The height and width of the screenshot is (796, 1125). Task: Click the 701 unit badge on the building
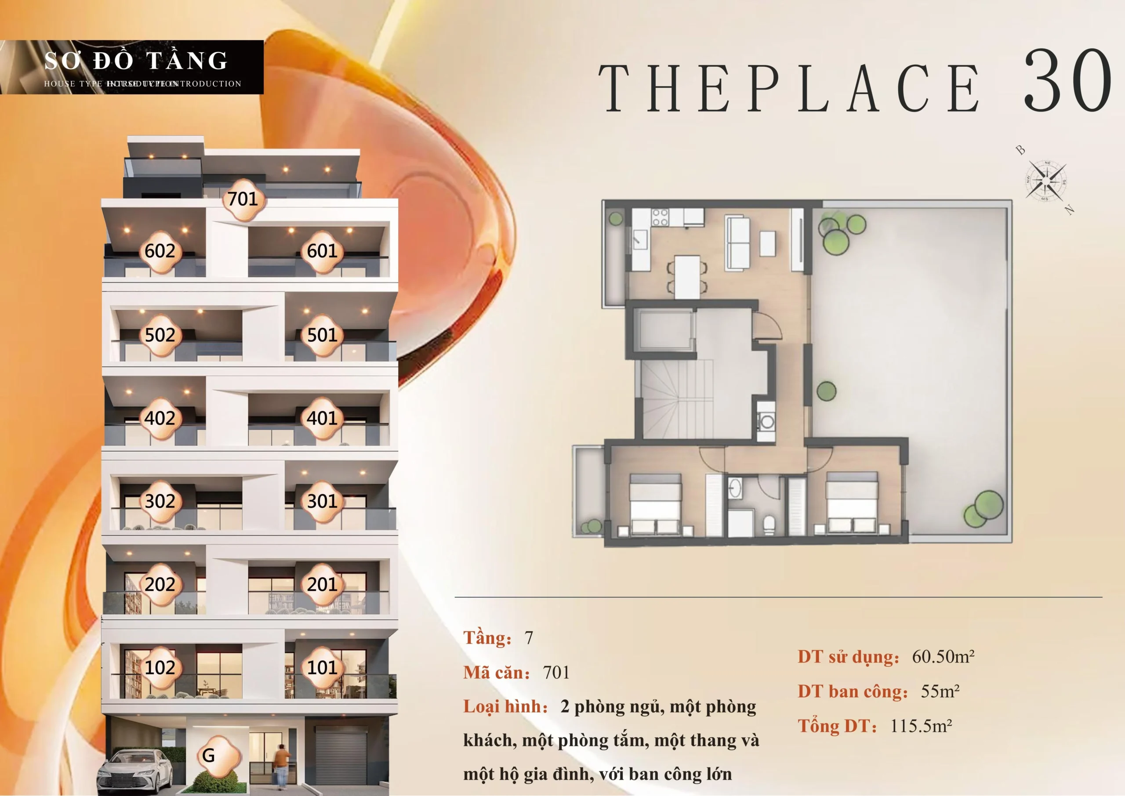coord(243,199)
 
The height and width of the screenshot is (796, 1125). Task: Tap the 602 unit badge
coord(160,251)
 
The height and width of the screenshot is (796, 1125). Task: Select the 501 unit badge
coord(322,335)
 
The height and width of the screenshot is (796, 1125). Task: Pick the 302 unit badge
coord(160,501)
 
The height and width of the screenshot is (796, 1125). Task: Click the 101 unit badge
coord(322,668)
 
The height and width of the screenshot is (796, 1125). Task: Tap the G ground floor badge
coord(209,755)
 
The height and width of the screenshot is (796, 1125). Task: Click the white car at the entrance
coord(135,769)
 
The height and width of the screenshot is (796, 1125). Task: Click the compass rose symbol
coord(1045,181)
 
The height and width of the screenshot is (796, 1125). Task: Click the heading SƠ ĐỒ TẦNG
coord(136,61)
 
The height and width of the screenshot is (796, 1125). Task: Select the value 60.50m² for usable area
coord(943,657)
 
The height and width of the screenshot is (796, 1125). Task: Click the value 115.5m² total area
coord(921,726)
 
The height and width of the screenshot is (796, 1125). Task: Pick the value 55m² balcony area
coord(940,691)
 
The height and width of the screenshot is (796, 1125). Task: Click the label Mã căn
coord(497,673)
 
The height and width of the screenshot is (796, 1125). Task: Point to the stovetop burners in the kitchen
coord(660,217)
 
